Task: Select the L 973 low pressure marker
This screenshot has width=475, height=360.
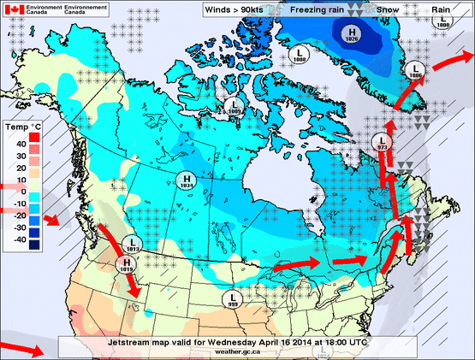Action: coord(383,144)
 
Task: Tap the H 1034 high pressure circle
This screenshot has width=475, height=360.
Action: coord(186,180)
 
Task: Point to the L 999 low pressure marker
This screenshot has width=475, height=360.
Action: coord(233,298)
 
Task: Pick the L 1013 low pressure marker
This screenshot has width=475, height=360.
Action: coord(131,244)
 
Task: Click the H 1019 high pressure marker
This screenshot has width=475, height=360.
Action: coord(127,264)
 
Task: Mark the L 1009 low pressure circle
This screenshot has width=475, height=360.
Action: coord(233,107)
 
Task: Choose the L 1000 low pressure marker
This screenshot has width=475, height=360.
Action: coord(442,22)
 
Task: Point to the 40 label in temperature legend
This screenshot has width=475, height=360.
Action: coord(20,144)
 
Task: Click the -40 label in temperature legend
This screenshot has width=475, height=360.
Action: coord(18,239)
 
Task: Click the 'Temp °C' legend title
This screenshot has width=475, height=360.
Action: coord(22,127)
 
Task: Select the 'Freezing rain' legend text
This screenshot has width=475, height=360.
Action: coord(317,9)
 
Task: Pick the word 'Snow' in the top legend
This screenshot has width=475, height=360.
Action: coord(388,9)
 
